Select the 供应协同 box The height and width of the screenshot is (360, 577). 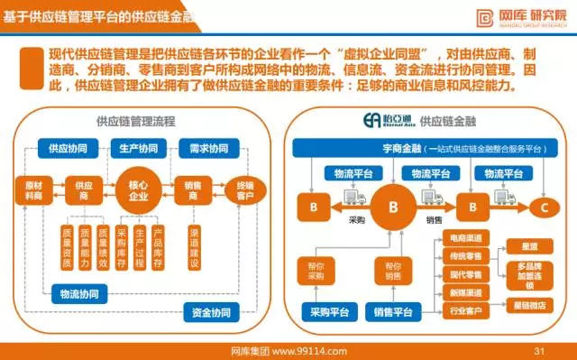(68, 148)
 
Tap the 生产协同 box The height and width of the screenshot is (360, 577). (138, 148)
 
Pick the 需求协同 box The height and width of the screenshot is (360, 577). (208, 148)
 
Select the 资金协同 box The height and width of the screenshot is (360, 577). (212, 313)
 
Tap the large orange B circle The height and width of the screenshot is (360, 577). (392, 207)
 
